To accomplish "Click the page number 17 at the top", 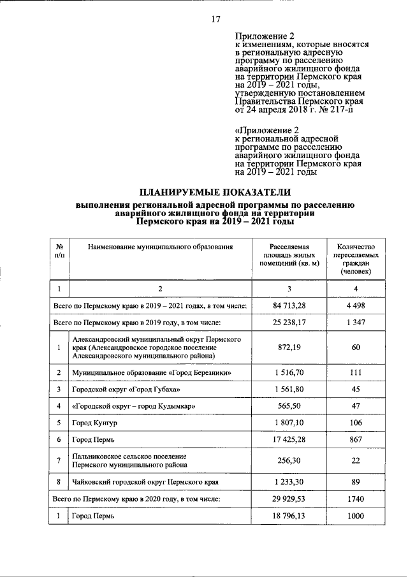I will coord(215,19).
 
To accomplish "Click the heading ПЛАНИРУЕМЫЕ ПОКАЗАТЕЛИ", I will coord(215,192).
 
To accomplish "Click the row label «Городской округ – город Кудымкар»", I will coord(134,406).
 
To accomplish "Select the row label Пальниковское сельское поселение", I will coord(129,456).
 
